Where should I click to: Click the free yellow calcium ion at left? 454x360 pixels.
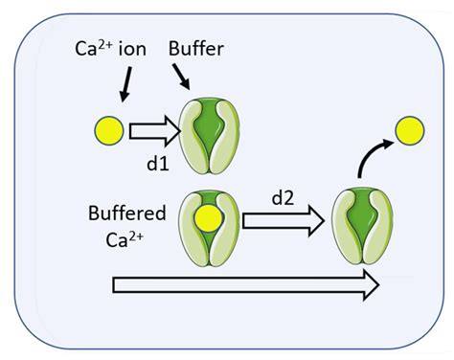pos(107,128)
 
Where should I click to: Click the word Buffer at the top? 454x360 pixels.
pos(195,44)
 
